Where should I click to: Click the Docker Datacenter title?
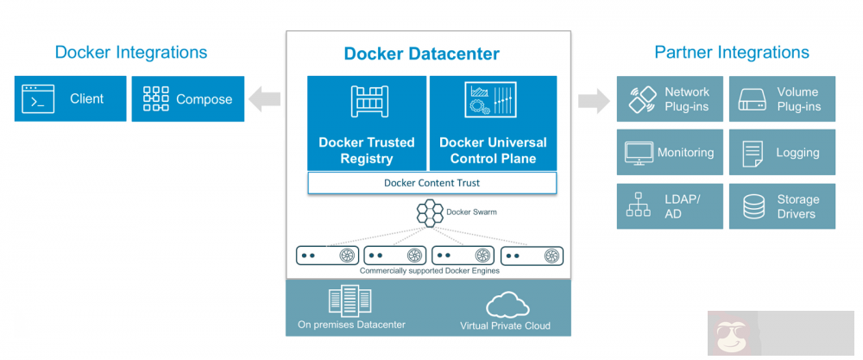point(421,54)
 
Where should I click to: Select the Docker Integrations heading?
point(131,52)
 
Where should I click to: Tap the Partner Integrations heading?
point(732,53)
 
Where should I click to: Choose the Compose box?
point(187,99)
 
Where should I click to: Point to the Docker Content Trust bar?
point(431,183)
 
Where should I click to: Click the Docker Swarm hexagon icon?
point(430,212)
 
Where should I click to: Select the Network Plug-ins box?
point(670,99)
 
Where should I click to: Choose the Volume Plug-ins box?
point(782,99)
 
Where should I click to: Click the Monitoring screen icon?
point(639,154)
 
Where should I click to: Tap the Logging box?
point(782,153)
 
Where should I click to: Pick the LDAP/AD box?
point(670,205)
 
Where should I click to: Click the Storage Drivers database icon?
point(753,206)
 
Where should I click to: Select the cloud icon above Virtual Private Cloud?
point(506,305)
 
